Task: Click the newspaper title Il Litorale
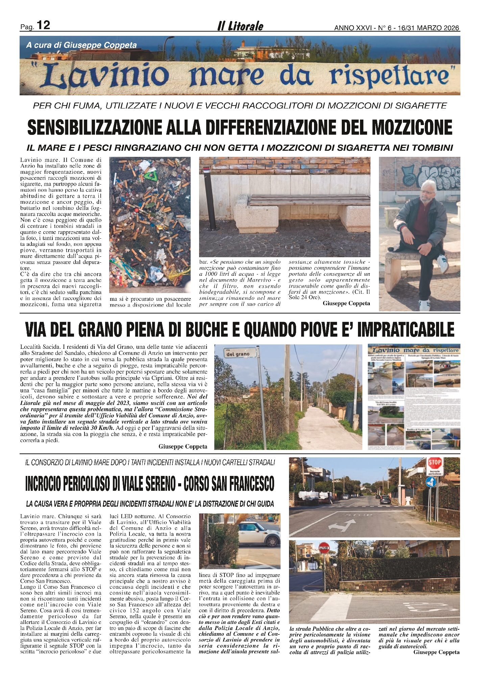coord(240,26)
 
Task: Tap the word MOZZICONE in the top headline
coord(412,127)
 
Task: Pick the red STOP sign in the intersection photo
coord(435,462)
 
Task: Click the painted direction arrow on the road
coord(342,525)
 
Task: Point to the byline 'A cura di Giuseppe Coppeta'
coord(81,45)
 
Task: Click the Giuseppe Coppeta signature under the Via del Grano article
coord(183,446)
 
